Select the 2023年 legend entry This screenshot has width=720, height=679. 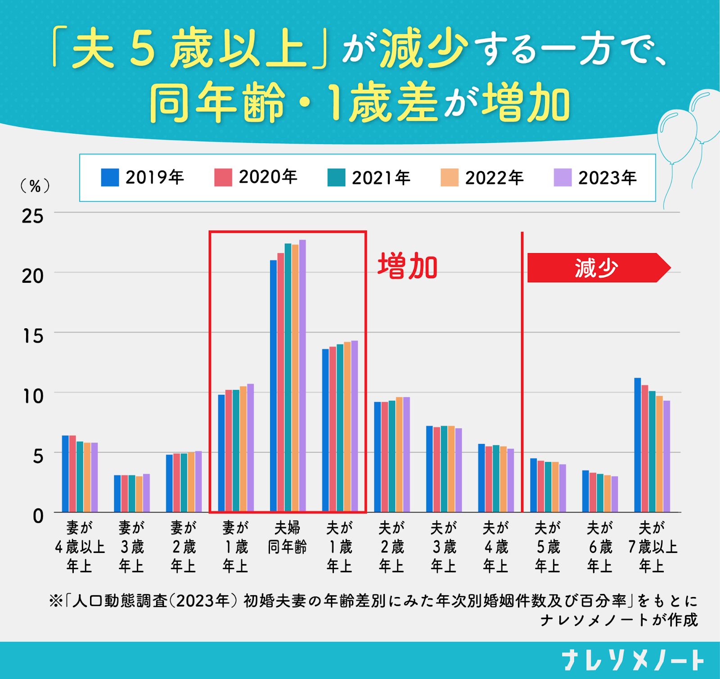pyautogui.click(x=595, y=177)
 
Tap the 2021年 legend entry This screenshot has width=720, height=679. pyautogui.click(x=369, y=177)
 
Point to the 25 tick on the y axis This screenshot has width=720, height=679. pyautogui.click(x=33, y=217)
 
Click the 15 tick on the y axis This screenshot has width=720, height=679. pyautogui.click(x=33, y=336)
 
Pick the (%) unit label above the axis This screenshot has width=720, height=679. pyautogui.click(x=35, y=186)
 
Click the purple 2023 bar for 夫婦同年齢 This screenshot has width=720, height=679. pyautogui.click(x=302, y=376)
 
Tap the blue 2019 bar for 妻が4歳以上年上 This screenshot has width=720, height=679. pyautogui.click(x=65, y=474)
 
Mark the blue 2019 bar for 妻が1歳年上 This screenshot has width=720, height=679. pyautogui.click(x=221, y=453)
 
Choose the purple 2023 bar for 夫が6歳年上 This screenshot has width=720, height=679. pyautogui.click(x=615, y=494)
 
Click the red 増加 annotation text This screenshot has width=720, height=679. pyautogui.click(x=407, y=267)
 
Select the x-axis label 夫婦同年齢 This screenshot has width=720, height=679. pyautogui.click(x=287, y=538)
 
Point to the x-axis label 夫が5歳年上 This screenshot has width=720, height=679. pyautogui.click(x=548, y=547)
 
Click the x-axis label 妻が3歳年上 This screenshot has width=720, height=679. pyautogui.click(x=131, y=547)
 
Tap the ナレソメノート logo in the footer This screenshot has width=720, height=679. pyautogui.click(x=633, y=661)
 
